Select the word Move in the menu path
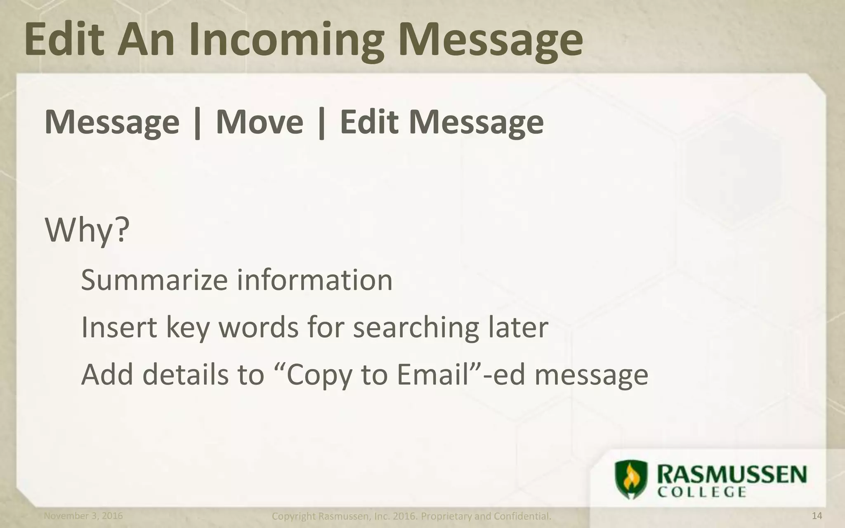pyautogui.click(x=260, y=122)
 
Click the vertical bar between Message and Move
pyautogui.click(x=198, y=123)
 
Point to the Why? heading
pyautogui.click(x=87, y=230)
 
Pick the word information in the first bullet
pyautogui.click(x=314, y=280)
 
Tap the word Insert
pyautogui.click(x=119, y=327)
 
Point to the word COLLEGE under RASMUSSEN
pyautogui.click(x=701, y=493)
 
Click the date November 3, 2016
pyautogui.click(x=83, y=516)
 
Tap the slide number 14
pyautogui.click(x=817, y=516)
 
